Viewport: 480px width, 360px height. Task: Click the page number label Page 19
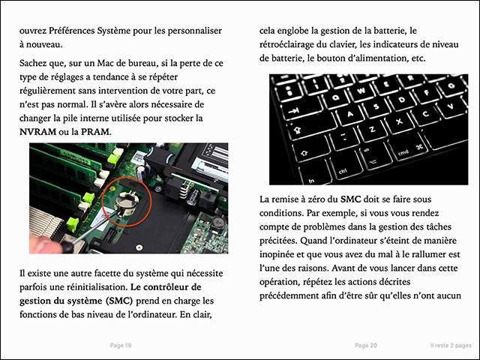(x=121, y=345)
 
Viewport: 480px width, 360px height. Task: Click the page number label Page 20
(x=366, y=345)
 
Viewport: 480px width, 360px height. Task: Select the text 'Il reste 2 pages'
(x=445, y=345)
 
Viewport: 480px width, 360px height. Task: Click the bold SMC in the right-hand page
(x=350, y=199)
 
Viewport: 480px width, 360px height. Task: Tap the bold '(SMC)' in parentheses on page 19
(x=126, y=301)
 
